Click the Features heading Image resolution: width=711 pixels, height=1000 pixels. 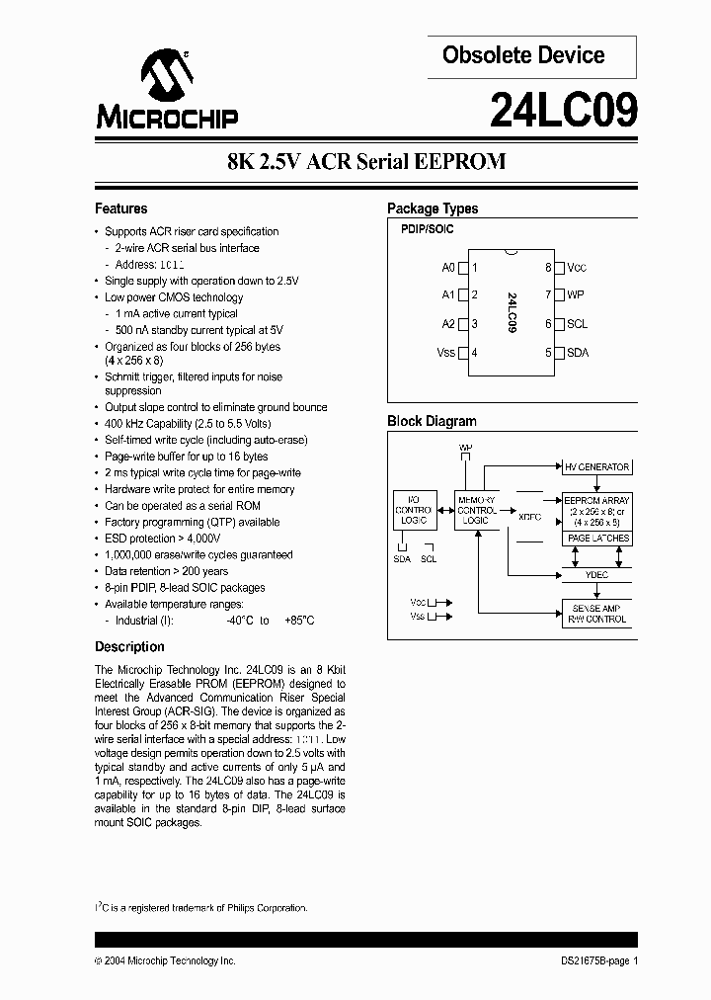[120, 208]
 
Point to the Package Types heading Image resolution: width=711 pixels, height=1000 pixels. [433, 208]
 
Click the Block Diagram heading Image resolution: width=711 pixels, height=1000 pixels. [432, 421]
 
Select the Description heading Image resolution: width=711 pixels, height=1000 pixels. [129, 647]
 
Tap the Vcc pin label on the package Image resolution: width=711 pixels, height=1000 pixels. [577, 268]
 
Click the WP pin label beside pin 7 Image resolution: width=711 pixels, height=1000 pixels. [576, 294]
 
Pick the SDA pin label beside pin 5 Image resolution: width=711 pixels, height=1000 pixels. [578, 352]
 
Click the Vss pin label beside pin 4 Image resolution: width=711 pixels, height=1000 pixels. [445, 352]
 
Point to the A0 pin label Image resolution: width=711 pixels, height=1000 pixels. [448, 268]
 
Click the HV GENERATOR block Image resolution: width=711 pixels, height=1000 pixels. [596, 466]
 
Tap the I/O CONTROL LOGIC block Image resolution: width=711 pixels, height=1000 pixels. [413, 511]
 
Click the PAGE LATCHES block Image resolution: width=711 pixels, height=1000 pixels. [597, 539]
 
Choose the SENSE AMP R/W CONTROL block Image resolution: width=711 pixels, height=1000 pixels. [596, 613]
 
